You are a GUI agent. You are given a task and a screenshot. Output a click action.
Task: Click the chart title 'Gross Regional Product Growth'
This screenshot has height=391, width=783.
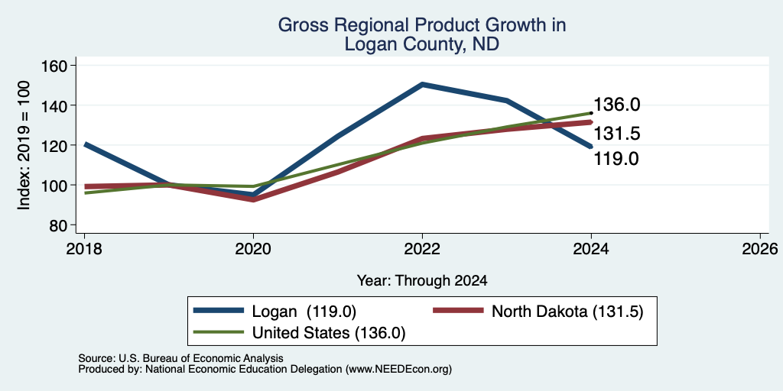421,25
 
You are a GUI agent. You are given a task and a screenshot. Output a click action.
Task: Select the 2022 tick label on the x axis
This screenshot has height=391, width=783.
422,249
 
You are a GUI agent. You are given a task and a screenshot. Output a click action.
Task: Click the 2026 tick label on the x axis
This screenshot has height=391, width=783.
761,249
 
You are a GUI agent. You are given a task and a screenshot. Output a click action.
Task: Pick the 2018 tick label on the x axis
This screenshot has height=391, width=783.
84,249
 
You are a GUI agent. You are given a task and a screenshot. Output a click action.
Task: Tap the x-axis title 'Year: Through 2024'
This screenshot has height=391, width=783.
422,281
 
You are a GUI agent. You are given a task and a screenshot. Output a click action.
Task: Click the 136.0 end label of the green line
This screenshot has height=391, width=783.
616,105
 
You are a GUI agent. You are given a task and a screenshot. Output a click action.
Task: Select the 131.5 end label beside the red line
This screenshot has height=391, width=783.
616,134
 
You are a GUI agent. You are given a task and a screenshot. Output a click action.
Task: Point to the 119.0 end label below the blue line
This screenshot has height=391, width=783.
616,159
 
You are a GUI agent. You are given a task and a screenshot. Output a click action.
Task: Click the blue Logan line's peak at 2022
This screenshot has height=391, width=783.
422,84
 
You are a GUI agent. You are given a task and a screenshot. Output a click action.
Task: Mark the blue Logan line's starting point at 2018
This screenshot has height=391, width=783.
85,144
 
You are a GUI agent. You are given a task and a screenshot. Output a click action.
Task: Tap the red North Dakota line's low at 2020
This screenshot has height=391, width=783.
254,199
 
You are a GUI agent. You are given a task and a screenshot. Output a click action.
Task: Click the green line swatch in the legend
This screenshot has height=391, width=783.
219,333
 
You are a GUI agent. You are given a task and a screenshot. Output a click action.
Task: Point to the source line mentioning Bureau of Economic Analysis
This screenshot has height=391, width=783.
180,358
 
